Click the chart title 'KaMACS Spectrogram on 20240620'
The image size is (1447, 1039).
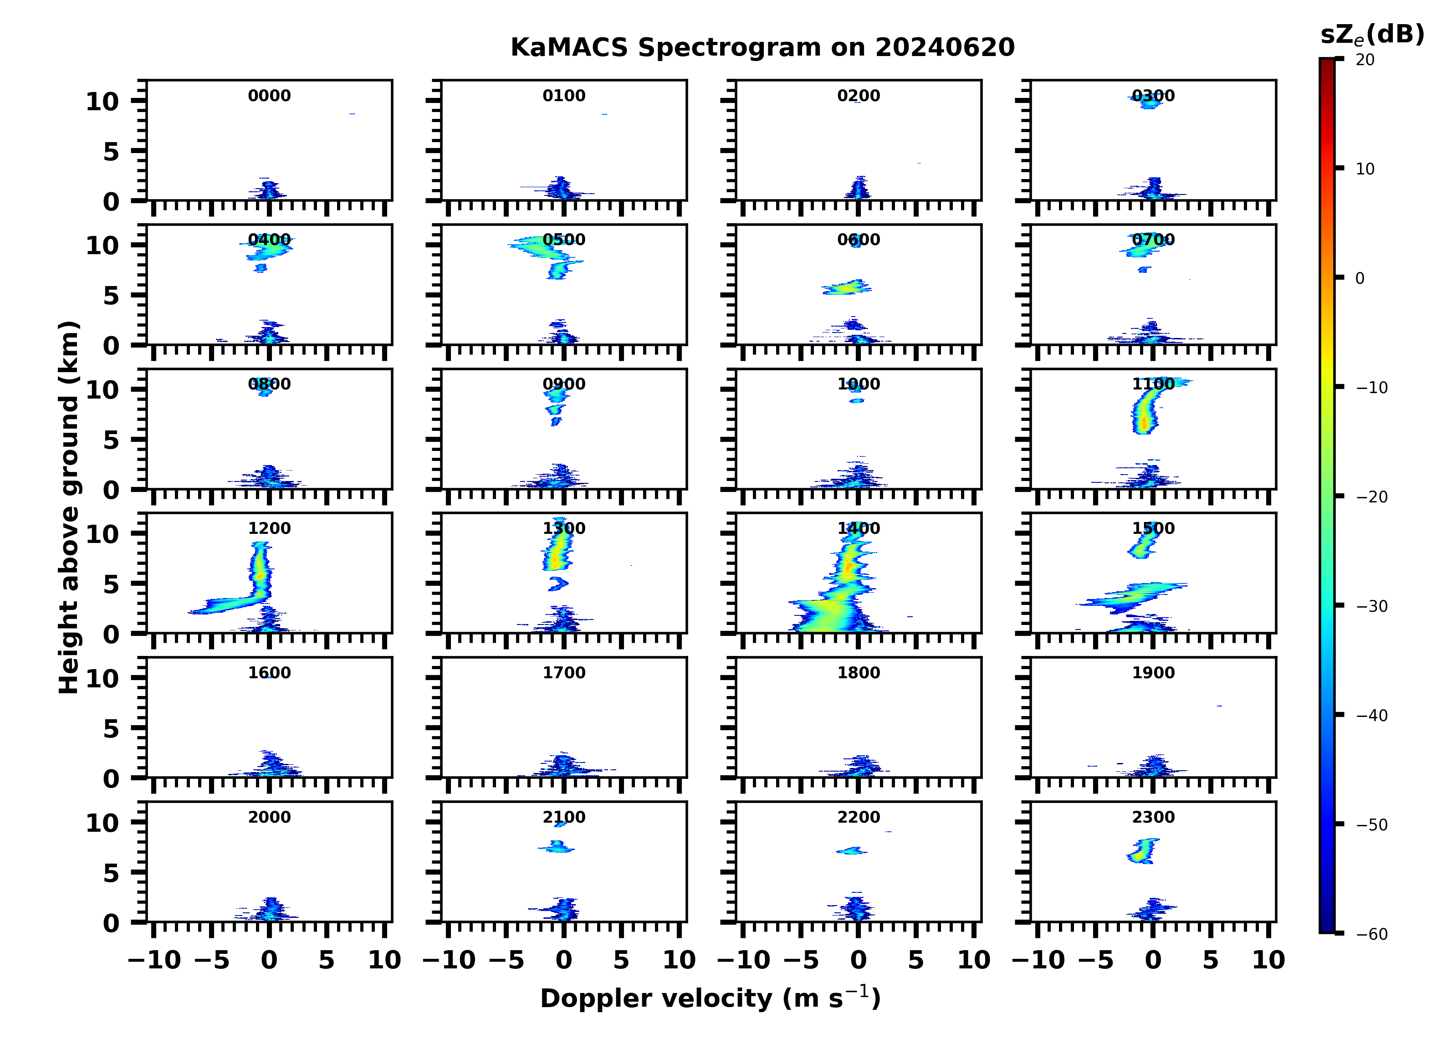point(762,48)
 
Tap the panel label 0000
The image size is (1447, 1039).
point(269,96)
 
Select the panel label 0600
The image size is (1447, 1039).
point(858,240)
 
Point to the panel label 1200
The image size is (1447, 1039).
point(269,528)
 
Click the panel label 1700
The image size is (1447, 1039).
point(564,673)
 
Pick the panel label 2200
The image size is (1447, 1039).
point(858,817)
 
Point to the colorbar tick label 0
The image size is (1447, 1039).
point(1360,278)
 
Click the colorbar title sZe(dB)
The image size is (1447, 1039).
point(1372,35)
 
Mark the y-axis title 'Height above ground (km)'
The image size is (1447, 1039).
point(69,507)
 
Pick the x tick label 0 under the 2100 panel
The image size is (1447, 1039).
point(564,961)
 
